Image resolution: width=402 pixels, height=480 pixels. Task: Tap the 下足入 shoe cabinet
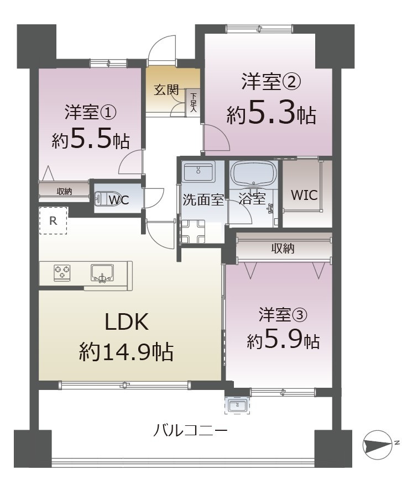click(x=193, y=102)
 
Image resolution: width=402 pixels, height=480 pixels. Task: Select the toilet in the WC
click(x=105, y=199)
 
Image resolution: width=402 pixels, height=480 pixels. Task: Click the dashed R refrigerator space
click(x=53, y=220)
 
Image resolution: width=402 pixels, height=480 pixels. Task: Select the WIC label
click(x=304, y=195)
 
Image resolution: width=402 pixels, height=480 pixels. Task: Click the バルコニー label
click(x=190, y=430)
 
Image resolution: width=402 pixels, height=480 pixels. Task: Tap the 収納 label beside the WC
click(x=64, y=191)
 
